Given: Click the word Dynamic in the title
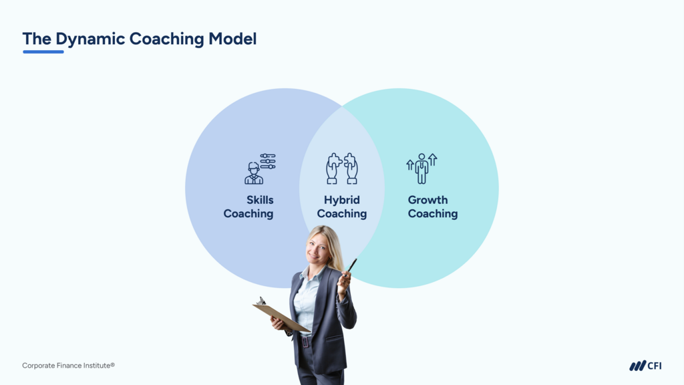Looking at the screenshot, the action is coord(90,39).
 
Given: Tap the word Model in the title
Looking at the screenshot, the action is coord(232,38).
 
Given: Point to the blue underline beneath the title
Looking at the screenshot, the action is coord(43,52).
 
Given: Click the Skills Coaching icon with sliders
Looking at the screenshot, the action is coord(260,168).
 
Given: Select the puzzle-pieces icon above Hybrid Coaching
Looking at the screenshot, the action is coord(342,168).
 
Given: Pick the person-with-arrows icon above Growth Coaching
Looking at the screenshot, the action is coord(421,168).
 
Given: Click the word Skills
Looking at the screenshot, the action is coord(260,200).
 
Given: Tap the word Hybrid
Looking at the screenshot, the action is coord(342,201).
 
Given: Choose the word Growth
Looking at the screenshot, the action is coord(427,200).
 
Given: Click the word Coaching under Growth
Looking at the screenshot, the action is coord(433,214).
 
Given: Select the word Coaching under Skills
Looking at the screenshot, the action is coord(248,214).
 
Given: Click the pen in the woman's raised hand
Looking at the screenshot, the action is coord(351,266).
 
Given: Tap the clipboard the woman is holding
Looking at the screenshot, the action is coord(281,316).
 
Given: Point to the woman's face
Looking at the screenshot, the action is coord(317,249).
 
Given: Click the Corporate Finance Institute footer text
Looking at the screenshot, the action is coord(69,366).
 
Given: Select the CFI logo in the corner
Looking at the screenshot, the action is coord(645,366).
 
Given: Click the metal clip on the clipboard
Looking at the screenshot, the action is coord(261,301).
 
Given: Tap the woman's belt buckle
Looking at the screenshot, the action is coord(305,342).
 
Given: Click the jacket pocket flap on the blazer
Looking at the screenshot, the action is coord(335,338).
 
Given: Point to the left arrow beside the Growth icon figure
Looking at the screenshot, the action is coord(409,165).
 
